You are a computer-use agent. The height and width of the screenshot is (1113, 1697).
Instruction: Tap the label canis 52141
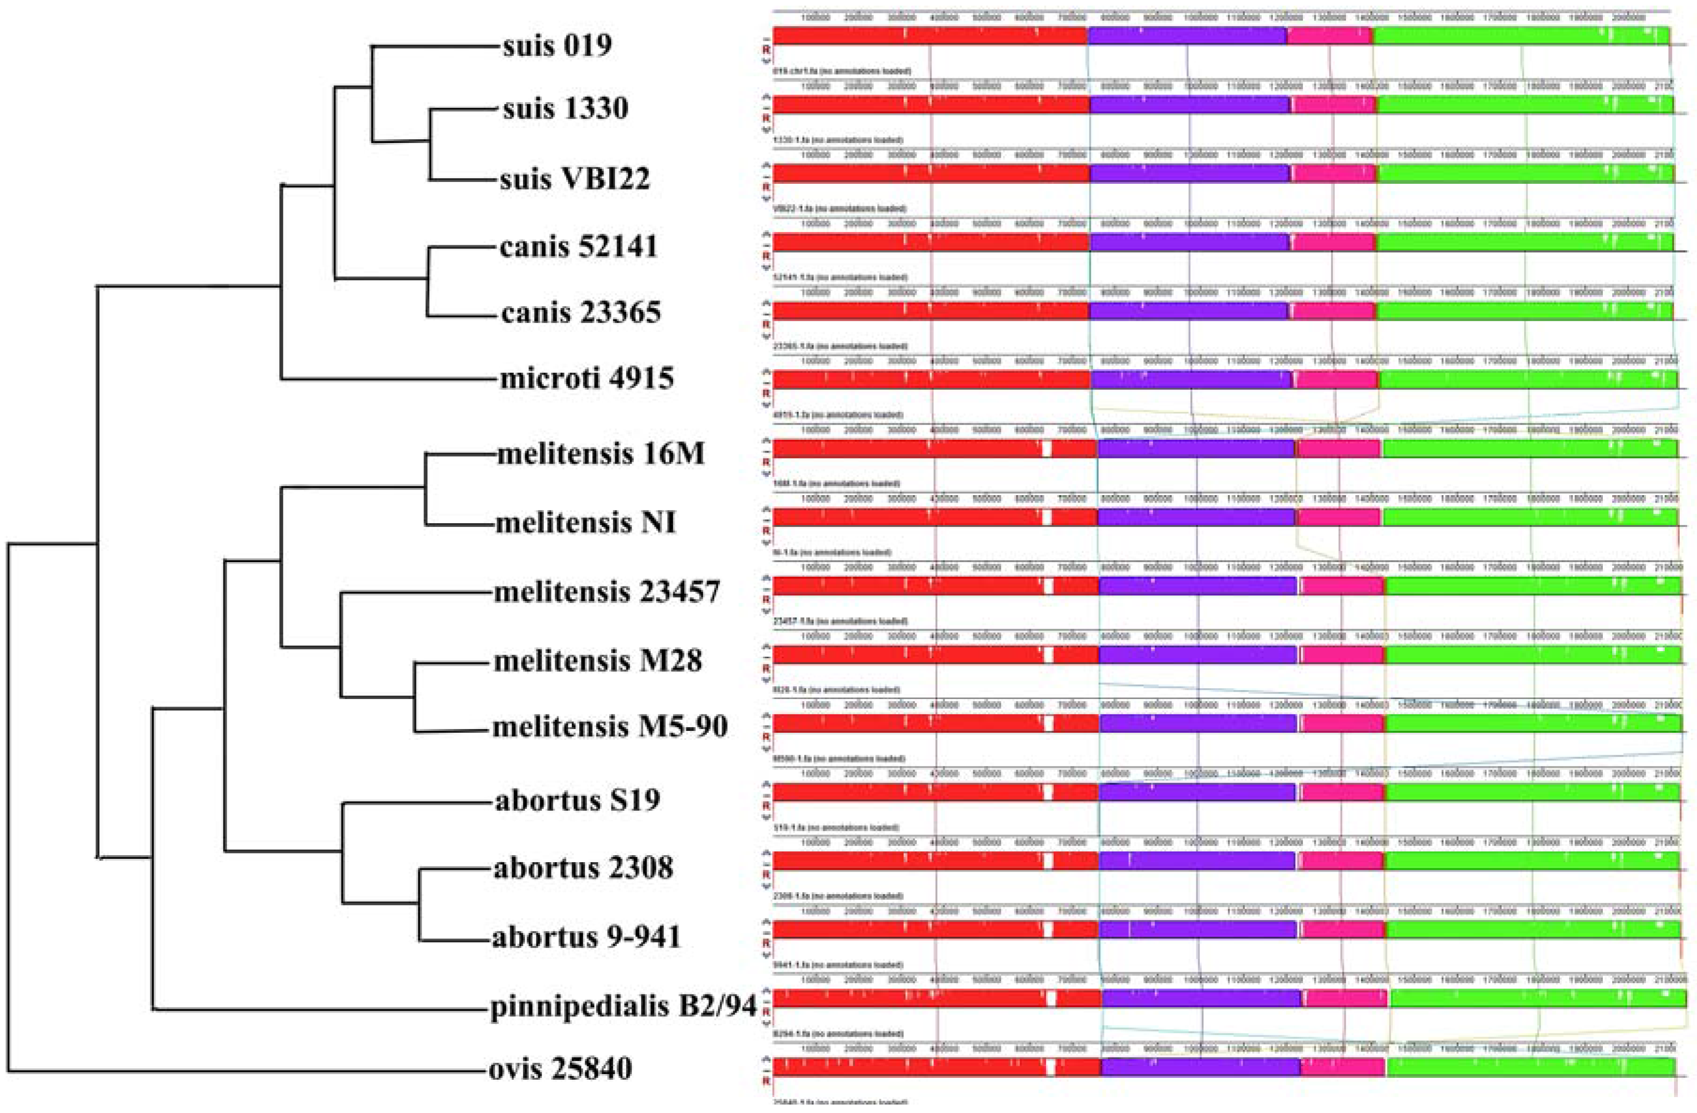coord(578,247)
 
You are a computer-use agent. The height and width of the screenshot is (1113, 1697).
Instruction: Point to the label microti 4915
coord(586,378)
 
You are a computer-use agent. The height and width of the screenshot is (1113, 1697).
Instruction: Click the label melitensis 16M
coord(600,454)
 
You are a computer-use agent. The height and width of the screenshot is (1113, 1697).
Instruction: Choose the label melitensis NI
coord(585,523)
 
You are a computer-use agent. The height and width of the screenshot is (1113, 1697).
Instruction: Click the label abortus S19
coord(577,800)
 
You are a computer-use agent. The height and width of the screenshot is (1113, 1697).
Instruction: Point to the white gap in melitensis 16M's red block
coord(1046,448)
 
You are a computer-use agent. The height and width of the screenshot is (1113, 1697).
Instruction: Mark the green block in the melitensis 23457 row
coord(1533,586)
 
